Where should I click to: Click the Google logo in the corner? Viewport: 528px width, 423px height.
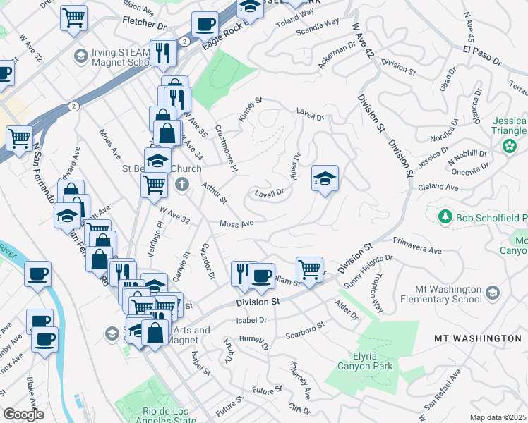[23, 415]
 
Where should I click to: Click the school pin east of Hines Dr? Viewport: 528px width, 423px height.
[325, 178]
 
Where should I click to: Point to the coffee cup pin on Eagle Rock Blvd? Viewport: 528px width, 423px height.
[205, 25]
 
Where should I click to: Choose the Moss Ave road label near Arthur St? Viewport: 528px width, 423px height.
[236, 223]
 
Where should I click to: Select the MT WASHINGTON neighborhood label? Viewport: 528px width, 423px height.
[478, 338]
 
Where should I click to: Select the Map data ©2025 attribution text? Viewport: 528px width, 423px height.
[497, 417]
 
